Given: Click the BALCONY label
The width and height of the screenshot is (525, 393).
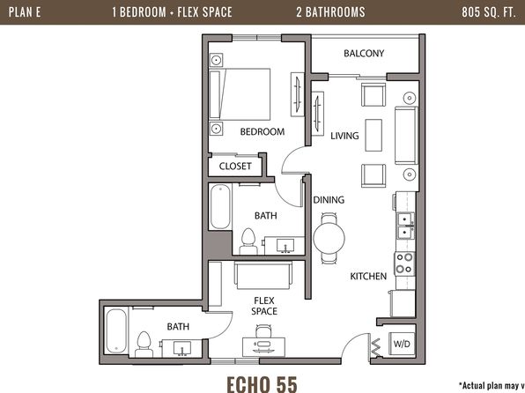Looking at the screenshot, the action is click(x=364, y=53).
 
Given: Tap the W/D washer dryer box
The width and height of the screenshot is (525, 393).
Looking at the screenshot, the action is click(x=402, y=344).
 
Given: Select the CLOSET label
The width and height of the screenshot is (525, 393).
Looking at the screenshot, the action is click(x=235, y=167).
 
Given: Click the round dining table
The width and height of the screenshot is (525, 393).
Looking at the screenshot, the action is click(x=329, y=238).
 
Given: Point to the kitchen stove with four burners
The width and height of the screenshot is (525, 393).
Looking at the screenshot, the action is click(x=404, y=263).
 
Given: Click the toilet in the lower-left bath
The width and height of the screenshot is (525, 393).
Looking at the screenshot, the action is click(x=144, y=344).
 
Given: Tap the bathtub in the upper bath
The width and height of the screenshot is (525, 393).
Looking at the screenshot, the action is click(x=220, y=207).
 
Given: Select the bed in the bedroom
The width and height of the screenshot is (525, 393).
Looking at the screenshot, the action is click(x=240, y=94).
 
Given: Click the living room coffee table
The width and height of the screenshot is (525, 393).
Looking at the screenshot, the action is click(x=373, y=135).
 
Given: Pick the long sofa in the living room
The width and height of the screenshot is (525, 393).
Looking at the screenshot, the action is click(x=406, y=136).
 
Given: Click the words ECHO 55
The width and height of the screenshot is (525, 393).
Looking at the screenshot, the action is click(x=262, y=384).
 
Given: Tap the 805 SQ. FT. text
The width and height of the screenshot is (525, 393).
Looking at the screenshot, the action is click(x=489, y=12).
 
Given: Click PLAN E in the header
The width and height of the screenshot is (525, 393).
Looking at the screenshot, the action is click(x=25, y=12).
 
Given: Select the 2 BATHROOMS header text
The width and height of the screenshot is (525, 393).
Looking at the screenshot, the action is click(x=330, y=12).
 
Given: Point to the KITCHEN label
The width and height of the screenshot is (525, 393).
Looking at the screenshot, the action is click(x=368, y=276).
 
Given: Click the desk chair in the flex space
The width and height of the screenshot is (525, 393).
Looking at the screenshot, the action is click(x=263, y=331).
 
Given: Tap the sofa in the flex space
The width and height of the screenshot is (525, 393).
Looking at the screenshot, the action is click(x=263, y=276).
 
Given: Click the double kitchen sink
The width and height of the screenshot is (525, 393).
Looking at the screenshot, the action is click(x=406, y=226).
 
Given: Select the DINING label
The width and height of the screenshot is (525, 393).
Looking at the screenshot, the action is click(x=329, y=200).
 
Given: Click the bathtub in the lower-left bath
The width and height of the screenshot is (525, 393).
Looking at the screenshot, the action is click(x=116, y=331).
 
